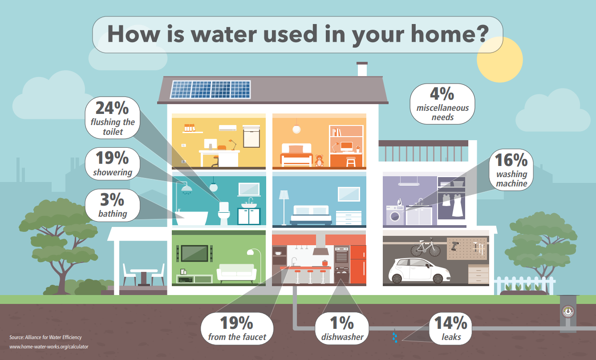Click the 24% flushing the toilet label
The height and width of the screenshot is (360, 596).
point(113,118)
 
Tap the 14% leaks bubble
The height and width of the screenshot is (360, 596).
point(450,329)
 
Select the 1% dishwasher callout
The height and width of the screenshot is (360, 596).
point(342,329)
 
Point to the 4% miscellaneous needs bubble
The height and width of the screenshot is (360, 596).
point(442,104)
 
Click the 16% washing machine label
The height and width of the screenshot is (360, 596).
point(511,170)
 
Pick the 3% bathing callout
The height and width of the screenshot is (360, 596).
point(113,206)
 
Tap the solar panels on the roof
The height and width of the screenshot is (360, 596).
point(210,89)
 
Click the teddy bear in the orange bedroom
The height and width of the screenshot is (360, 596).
point(319,161)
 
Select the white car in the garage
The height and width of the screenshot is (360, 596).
point(419,270)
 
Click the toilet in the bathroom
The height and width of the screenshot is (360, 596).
point(224,214)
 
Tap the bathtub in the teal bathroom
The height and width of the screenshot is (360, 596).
point(191,218)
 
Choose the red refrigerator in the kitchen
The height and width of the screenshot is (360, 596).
point(358,264)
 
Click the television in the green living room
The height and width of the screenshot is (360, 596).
point(195,253)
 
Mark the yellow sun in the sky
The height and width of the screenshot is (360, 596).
point(500,60)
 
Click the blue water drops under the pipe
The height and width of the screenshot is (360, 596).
point(395,337)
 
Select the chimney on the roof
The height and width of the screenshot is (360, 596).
point(362,69)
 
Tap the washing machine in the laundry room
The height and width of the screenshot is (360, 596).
point(395,215)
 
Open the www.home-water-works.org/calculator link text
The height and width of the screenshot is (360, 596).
point(49,347)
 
